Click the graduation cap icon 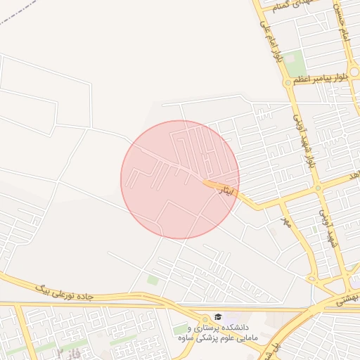coord(218,318)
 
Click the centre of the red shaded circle coord(180,179)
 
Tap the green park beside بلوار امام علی coord(295,63)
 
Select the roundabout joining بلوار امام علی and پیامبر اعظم coord(288,82)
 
